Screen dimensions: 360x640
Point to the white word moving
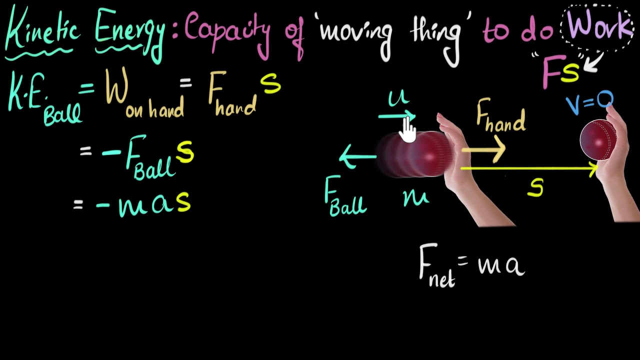(x=355, y=32)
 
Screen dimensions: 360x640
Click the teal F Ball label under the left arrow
(x=344, y=197)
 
